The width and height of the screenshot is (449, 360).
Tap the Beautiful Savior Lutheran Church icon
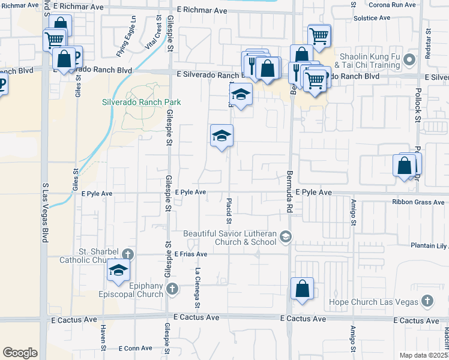(x=286, y=237)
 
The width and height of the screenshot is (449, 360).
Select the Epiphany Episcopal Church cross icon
(x=172, y=289)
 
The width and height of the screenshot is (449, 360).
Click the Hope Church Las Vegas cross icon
(x=427, y=301)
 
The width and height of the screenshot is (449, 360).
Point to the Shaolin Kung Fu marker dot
(x=410, y=60)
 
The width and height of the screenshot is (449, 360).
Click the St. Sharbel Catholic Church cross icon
(x=128, y=254)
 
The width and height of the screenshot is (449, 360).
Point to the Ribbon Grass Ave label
(x=418, y=202)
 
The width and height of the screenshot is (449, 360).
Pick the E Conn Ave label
(x=137, y=348)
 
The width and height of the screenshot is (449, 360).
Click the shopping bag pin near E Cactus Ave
(x=303, y=288)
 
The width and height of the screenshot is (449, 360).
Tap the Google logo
(x=20, y=353)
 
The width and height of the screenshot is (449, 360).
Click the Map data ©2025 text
(x=423, y=355)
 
